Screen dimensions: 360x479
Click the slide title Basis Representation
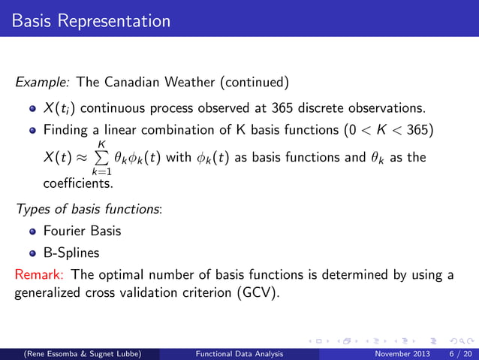pyautogui.click(x=91, y=19)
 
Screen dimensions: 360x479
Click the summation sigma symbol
pyautogui.click(x=103, y=157)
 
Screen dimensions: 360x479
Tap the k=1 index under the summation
pyautogui.click(x=103, y=172)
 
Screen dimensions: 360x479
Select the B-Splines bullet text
pyautogui.click(x=72, y=253)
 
